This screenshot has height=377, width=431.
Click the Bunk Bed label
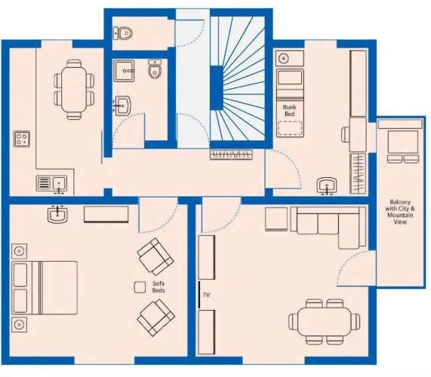(x=289, y=110)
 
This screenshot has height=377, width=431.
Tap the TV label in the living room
(x=206, y=295)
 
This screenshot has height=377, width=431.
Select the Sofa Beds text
(x=159, y=287)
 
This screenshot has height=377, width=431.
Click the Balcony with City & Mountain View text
(x=400, y=212)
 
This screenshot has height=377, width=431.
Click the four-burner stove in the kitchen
(x=22, y=139)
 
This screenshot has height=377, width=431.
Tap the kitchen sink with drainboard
(x=51, y=183)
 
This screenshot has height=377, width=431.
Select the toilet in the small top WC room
(x=122, y=33)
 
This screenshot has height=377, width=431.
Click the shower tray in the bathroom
(x=124, y=71)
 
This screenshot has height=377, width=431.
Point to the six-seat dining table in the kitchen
(x=74, y=90)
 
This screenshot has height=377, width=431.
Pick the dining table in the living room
(x=325, y=321)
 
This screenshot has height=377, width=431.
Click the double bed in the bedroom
(x=45, y=287)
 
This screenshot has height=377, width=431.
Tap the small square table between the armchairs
(x=140, y=287)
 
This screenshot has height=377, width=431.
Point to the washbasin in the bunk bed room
(x=327, y=186)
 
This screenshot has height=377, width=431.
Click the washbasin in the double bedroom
(x=57, y=214)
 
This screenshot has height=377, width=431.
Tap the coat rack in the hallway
(x=231, y=155)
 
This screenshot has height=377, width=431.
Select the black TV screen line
(x=199, y=294)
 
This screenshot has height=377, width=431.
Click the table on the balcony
(x=402, y=143)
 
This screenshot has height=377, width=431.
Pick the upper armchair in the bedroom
(x=155, y=256)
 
